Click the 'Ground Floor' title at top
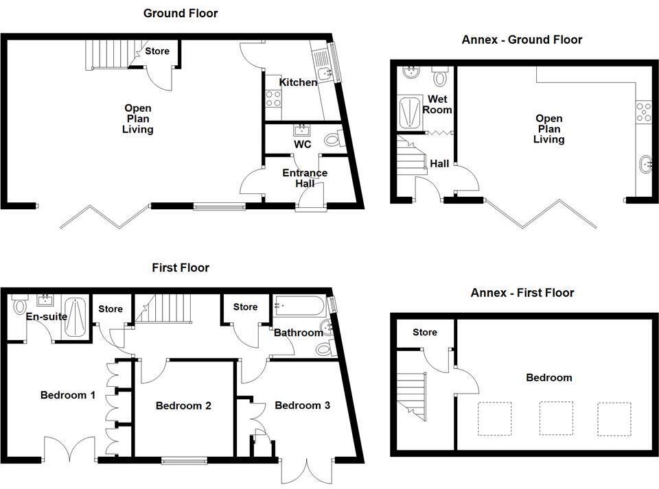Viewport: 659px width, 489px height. tap(181, 13)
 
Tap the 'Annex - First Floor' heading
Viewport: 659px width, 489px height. tap(522, 293)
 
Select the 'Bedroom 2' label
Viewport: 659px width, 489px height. tap(183, 405)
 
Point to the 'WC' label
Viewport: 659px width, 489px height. tap(303, 145)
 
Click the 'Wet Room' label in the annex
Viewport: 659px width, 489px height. tap(437, 105)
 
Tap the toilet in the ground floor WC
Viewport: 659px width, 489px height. tap(333, 140)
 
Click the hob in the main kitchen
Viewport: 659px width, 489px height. tap(273, 99)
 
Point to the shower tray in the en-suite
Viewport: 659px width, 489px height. tap(74, 317)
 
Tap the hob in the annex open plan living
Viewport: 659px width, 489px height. tap(644, 112)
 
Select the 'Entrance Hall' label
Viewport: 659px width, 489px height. tap(305, 178)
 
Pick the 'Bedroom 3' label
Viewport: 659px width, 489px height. tap(302, 405)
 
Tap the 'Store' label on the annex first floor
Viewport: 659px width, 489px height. tap(424, 333)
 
